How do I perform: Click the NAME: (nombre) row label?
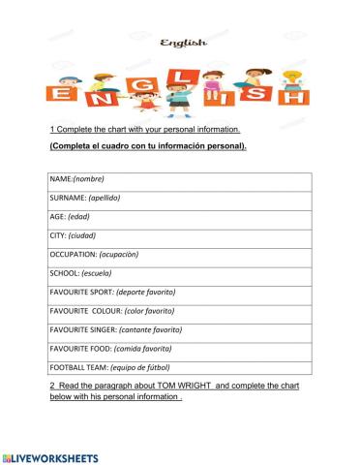(76, 179)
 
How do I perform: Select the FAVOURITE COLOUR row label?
(111, 311)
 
